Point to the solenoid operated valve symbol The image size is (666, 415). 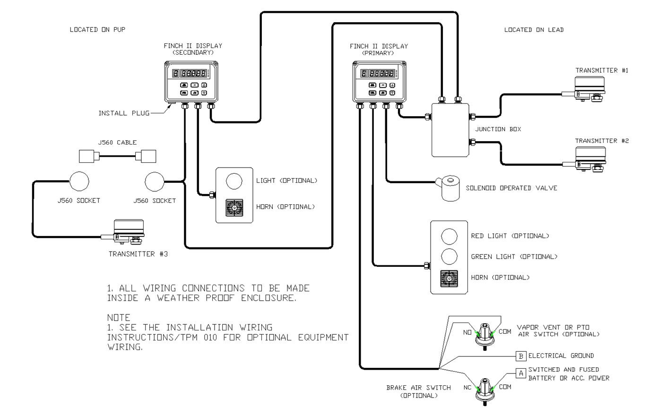[450, 188]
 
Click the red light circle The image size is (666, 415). [449, 236]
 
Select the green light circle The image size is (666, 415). [449, 256]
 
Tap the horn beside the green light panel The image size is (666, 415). [449, 278]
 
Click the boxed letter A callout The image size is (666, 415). [521, 373]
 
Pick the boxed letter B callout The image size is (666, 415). [521, 356]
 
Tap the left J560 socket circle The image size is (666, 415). [79, 181]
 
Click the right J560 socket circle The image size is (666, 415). [155, 181]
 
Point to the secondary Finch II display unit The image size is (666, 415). [191, 82]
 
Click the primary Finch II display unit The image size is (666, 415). [380, 82]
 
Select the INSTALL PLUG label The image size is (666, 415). [124, 113]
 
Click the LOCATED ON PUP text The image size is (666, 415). [97, 30]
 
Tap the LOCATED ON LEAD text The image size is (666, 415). [534, 30]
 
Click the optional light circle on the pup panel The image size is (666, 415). [234, 181]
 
